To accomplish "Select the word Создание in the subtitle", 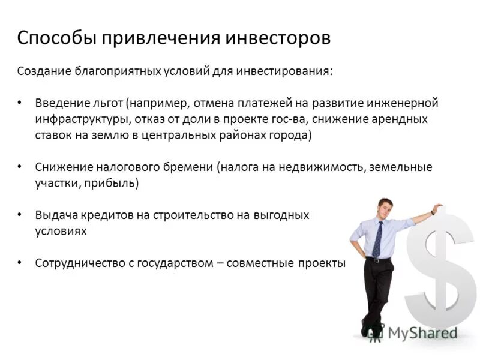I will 43,71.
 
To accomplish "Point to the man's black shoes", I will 367,329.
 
